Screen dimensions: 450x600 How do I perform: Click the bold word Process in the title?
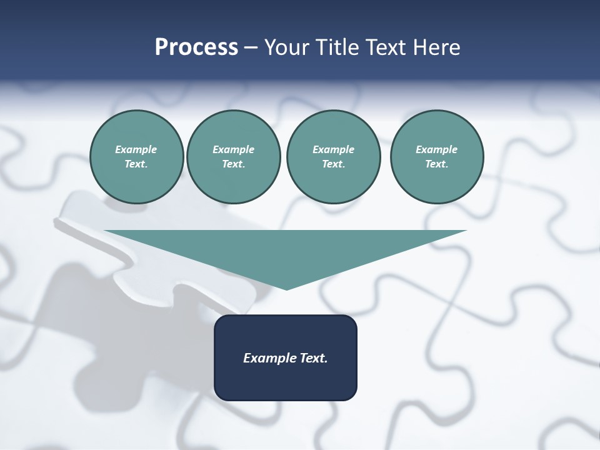[196, 47]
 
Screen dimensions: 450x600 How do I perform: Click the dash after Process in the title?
[251, 48]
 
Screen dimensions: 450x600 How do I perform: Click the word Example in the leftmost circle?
[136, 149]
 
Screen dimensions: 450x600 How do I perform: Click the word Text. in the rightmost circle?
[436, 164]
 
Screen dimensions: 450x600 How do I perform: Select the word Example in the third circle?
[333, 149]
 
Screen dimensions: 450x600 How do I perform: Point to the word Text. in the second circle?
[233, 164]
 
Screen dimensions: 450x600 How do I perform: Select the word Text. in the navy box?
[314, 358]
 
